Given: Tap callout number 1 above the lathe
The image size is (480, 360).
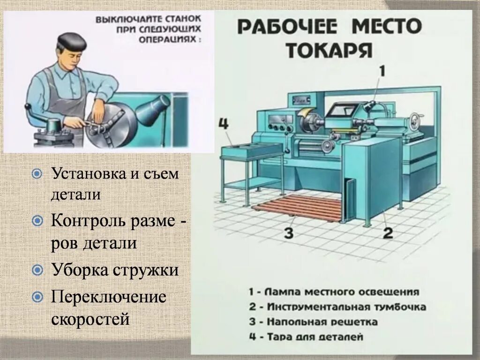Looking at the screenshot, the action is [x=382, y=72].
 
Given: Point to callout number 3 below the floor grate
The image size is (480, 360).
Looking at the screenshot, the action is [x=288, y=233].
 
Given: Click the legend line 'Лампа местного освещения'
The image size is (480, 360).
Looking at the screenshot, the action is [x=333, y=292].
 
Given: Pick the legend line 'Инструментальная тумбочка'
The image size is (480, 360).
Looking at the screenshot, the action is [x=337, y=307].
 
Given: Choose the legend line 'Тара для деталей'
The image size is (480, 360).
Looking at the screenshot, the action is [x=306, y=337].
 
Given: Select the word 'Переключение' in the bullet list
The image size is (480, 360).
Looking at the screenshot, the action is [x=108, y=297].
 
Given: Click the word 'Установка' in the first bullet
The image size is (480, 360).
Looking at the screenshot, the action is [x=87, y=174].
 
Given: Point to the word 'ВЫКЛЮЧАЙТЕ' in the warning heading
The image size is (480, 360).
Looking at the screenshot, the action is [x=122, y=20].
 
